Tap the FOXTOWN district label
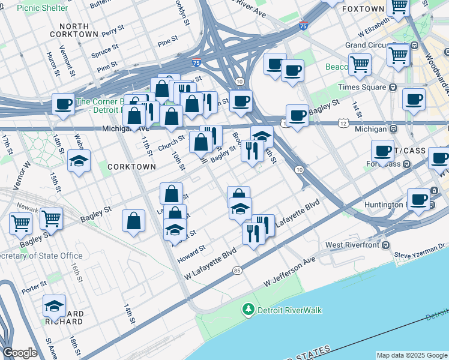pos(363,10)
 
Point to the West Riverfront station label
pos(354,245)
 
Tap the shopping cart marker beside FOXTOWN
pos(398,7)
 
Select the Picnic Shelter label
pos(42,8)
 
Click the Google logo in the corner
pos(20,353)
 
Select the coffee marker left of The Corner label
pos(63,104)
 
